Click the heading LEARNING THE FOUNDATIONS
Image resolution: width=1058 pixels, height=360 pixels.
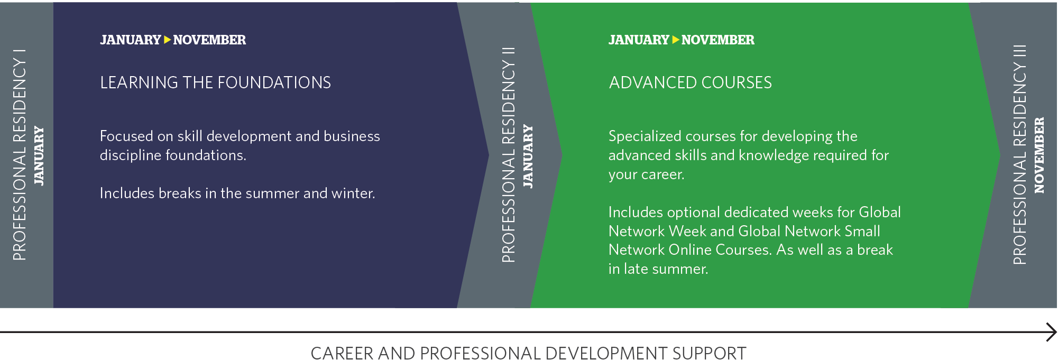[x=215, y=82]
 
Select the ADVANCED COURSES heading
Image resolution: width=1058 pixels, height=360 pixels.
[x=690, y=82]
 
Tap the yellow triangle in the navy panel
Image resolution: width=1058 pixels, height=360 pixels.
[x=167, y=40]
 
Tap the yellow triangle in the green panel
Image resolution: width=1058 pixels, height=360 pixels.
[x=675, y=40]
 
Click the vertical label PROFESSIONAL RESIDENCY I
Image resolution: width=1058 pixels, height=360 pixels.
[x=20, y=154]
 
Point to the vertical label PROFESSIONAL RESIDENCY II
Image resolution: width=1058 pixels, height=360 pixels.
[x=508, y=154]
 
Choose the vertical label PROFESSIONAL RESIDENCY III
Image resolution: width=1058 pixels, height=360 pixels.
[x=1019, y=154]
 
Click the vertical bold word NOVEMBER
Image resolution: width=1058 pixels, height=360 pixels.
[x=1039, y=155]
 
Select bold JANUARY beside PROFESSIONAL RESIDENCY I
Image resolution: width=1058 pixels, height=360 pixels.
[x=39, y=155]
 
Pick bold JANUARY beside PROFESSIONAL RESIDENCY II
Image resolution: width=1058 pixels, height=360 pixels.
[x=528, y=156]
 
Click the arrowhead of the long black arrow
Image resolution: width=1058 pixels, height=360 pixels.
[x=1052, y=333]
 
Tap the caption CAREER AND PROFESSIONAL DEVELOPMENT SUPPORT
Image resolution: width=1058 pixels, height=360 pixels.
[x=528, y=353]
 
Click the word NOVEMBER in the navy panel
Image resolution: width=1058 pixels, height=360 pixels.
[x=209, y=40]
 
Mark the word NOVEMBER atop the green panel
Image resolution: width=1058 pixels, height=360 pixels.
[x=717, y=40]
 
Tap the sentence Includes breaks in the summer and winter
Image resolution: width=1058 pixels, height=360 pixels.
[x=237, y=193]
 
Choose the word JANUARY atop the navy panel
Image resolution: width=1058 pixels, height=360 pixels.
[x=130, y=40]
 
